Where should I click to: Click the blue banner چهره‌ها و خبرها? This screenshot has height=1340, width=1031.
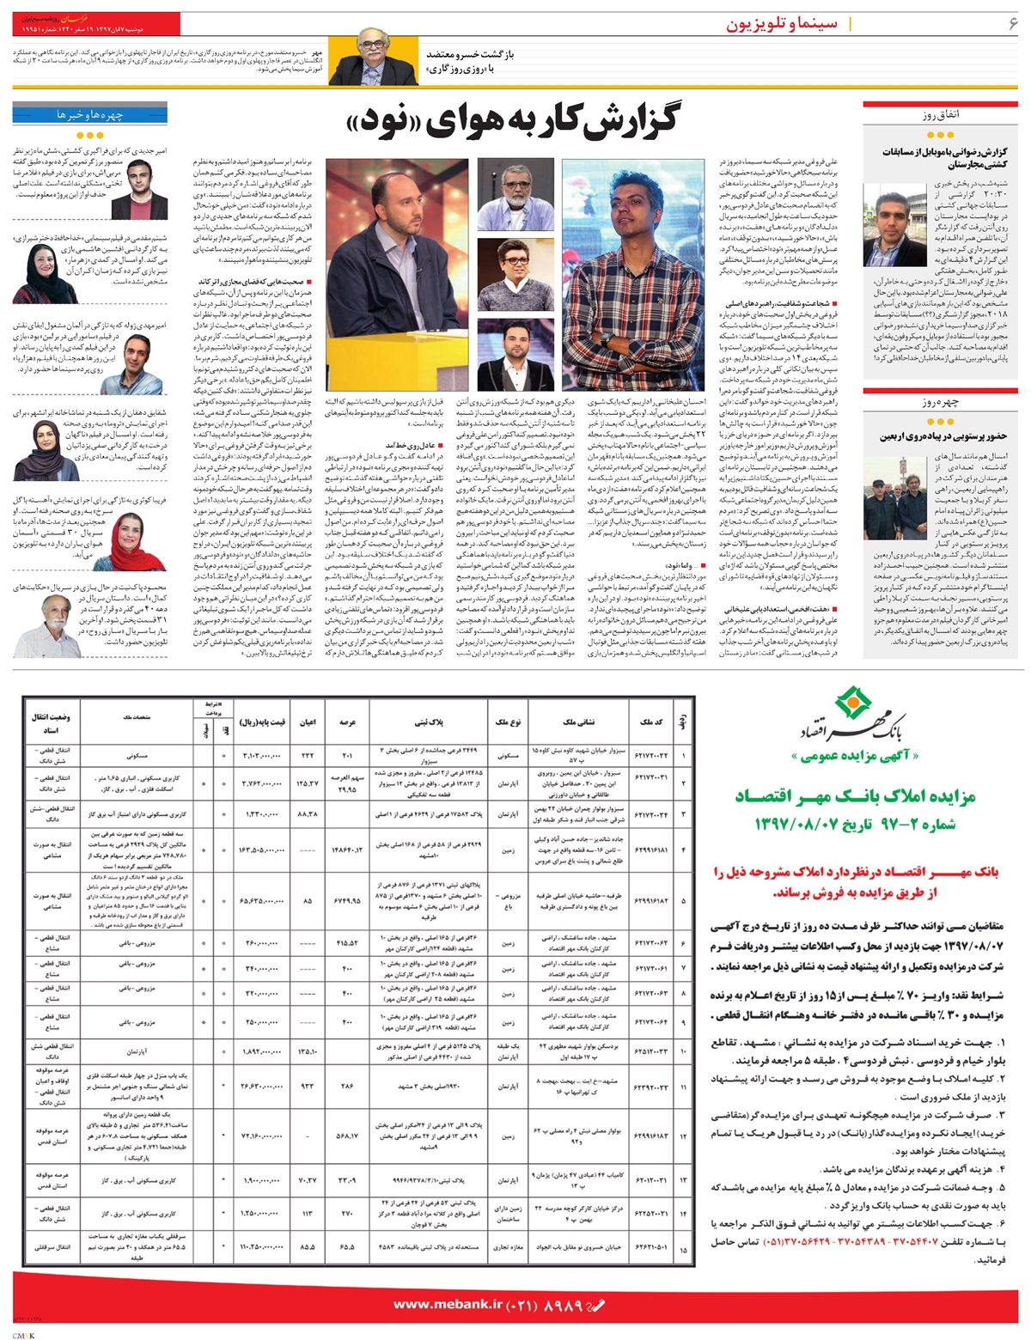[94, 113]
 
